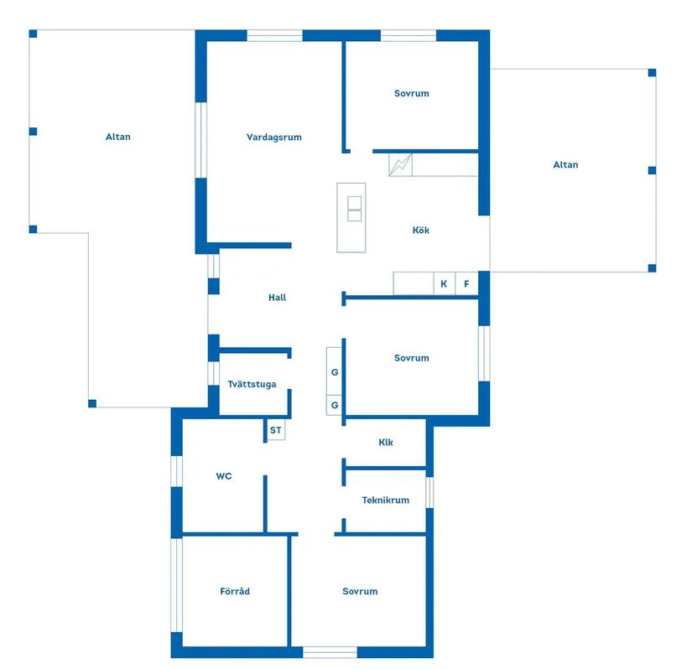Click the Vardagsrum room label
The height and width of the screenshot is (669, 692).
coord(273,137)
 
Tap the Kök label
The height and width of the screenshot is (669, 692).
coord(421,230)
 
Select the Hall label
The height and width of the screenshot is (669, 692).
coord(277,298)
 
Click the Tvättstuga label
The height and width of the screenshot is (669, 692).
coord(252,385)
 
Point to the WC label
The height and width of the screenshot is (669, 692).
coord(224,476)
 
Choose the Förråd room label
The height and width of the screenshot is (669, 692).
coord(235,591)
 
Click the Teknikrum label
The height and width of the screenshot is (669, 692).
coord(385,500)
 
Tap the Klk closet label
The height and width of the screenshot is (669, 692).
coord(386,443)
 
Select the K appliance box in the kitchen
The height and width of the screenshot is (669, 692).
coord(444,284)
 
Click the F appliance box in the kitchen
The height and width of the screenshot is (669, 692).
coord(466,284)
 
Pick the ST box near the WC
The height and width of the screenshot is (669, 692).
coord(276,430)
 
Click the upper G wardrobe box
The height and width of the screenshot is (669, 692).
coord(335,371)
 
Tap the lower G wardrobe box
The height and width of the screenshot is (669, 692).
coord(335,405)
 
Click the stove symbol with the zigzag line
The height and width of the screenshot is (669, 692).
coord(401,164)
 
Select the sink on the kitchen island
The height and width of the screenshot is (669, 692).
coord(354,209)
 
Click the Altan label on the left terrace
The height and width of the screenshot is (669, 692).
coord(118,137)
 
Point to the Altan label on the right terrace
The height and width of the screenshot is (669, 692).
coord(565,165)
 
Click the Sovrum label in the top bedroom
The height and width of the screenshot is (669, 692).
coord(411,93)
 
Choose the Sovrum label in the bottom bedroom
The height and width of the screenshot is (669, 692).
coord(360,591)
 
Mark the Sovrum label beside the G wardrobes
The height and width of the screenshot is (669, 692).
coord(411,358)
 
